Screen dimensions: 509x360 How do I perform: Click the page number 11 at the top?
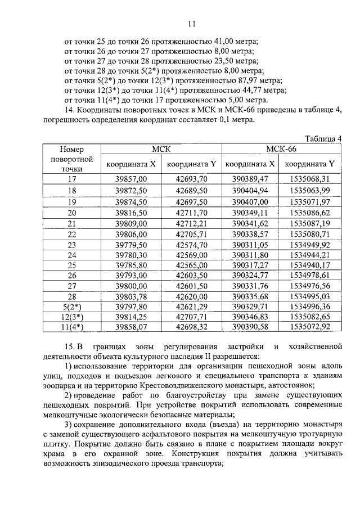191,24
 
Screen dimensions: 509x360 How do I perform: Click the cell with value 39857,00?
131,179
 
